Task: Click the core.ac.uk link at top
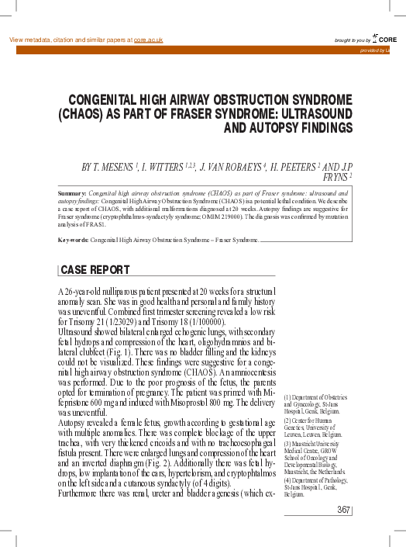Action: pos(148,40)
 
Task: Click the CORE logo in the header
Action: pos(384,38)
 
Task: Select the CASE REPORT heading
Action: pos(95,271)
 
